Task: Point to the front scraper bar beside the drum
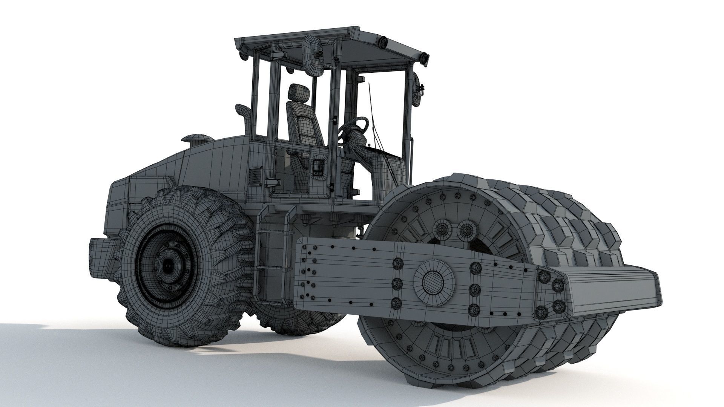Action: pyautogui.click(x=611, y=288)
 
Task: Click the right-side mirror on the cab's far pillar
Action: pyautogui.click(x=418, y=90)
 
